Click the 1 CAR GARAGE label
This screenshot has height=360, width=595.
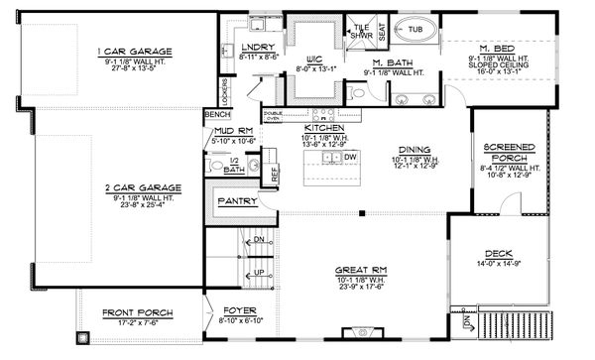click(x=134, y=51)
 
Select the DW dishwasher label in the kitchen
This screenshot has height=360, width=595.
click(x=349, y=157)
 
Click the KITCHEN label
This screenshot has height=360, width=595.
click(x=323, y=129)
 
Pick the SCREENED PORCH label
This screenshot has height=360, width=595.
click(x=509, y=153)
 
